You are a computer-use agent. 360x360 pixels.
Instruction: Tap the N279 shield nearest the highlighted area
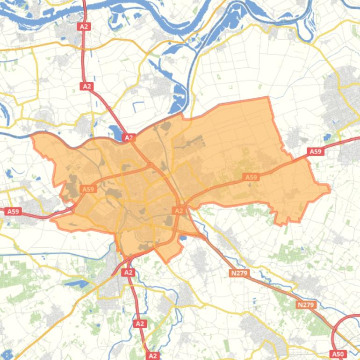(x=239, y=273)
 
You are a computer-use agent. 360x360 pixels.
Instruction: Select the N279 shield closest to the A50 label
(x=306, y=305)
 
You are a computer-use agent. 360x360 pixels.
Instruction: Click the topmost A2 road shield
(x=84, y=27)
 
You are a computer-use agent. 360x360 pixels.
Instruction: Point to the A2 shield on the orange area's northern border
(x=129, y=137)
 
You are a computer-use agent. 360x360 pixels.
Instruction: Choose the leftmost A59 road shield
(x=13, y=211)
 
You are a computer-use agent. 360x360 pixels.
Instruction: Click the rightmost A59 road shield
(x=316, y=151)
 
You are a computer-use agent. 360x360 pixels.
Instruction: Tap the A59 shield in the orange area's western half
(x=88, y=189)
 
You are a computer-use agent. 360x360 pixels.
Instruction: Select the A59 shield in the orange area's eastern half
(x=251, y=177)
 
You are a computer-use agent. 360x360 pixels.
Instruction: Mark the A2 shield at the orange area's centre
(x=179, y=211)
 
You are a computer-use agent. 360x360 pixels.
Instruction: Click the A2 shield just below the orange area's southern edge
(x=129, y=272)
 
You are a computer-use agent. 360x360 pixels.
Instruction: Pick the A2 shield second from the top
(x=86, y=86)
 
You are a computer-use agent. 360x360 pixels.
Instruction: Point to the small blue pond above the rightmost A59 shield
(x=327, y=137)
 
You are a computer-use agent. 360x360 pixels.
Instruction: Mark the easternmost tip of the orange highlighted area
(x=330, y=189)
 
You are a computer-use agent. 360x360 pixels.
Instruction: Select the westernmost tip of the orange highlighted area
(x=32, y=136)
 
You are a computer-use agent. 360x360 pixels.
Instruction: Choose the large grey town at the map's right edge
(x=344, y=94)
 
